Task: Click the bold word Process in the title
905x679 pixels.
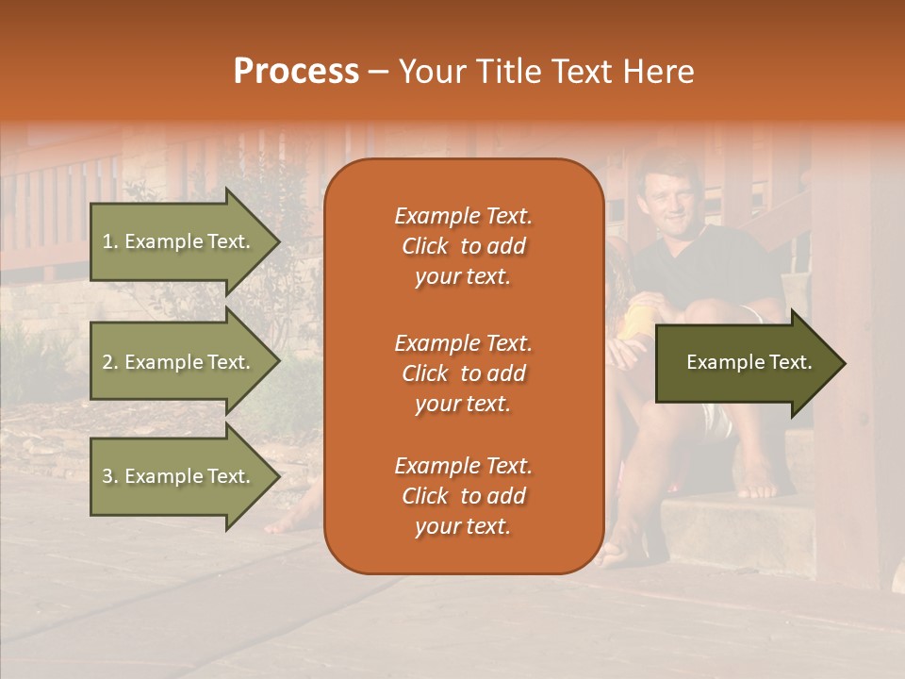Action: (x=296, y=72)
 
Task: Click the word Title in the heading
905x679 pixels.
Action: (x=510, y=72)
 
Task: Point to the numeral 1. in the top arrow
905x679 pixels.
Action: (x=110, y=241)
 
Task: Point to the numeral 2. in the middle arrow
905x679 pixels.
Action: (x=110, y=362)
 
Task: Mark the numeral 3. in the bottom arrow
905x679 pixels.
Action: (x=110, y=476)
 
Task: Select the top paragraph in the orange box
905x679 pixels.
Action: (x=463, y=246)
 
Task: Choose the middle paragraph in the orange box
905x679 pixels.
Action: (x=463, y=373)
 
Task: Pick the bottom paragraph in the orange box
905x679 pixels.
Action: (x=463, y=496)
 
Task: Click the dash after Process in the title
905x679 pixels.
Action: (x=378, y=73)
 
